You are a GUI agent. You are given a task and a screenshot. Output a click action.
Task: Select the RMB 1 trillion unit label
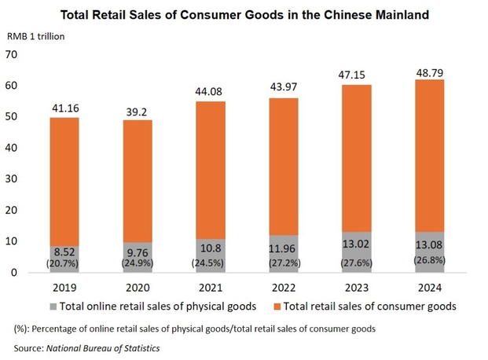click(x=36, y=37)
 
